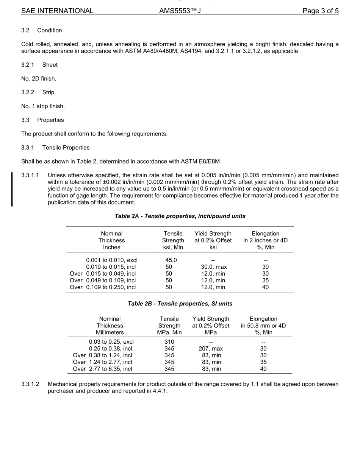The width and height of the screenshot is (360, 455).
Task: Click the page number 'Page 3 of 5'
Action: pos(320,11)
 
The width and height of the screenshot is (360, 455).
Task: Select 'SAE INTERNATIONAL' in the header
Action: pos(57,11)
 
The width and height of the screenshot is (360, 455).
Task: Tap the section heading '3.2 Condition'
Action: pos(42,30)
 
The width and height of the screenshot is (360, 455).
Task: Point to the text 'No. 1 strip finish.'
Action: pos(43,106)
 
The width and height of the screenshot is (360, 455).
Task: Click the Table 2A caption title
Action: pos(180,216)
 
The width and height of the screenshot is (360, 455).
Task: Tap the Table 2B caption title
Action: pos(180,304)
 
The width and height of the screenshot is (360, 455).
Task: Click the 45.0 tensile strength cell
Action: pos(169,260)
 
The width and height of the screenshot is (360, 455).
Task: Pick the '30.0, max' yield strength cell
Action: pos(213,267)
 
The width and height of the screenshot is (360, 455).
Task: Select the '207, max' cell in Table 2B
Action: pos(211,349)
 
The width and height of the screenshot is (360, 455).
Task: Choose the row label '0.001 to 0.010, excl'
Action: pos(111,260)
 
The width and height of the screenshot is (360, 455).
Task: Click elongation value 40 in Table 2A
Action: pos(265,287)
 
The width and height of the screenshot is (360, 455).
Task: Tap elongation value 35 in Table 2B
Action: pos(263,362)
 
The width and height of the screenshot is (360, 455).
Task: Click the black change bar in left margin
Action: pos(12,189)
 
